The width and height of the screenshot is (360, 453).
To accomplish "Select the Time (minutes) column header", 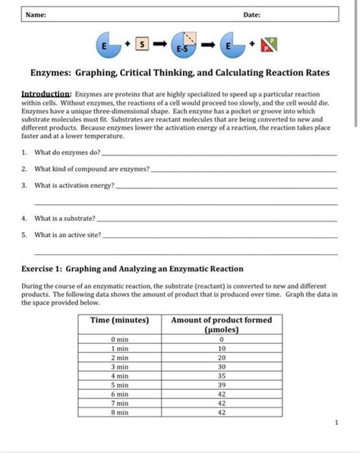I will coord(120,320).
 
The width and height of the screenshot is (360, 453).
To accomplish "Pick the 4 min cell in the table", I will coord(119,375).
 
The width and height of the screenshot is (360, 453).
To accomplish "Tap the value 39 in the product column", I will coord(221,385).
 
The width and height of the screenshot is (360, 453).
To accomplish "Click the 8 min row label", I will coord(119,414).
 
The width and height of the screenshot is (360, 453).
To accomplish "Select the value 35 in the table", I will coord(221,375).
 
